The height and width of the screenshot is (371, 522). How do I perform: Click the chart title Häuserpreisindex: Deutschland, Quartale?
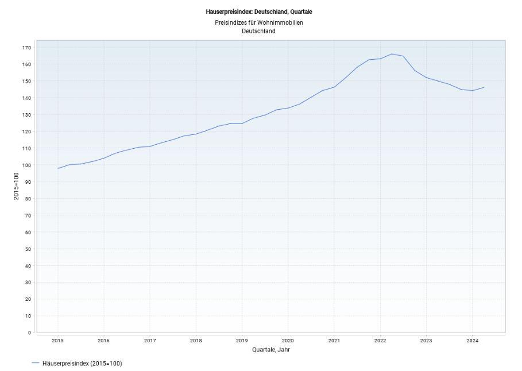coord(258,11)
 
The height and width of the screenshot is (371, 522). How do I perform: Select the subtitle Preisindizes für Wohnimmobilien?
coord(258,22)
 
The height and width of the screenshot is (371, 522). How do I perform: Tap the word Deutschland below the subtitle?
coord(258,31)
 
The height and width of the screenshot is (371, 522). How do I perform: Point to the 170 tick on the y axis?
coord(26,48)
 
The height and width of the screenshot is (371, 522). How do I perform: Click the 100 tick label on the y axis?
coord(26,165)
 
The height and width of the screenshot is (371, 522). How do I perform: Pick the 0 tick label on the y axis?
coord(29,333)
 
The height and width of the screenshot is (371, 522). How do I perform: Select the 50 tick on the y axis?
coord(28,249)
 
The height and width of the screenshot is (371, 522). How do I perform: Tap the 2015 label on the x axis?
coord(58,341)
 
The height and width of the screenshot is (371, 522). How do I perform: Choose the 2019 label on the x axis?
coord(242,341)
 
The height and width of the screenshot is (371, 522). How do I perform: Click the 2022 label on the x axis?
coord(380,341)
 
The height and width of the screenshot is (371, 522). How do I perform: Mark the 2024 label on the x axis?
coord(471,341)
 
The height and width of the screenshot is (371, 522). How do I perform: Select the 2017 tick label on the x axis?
coord(150,341)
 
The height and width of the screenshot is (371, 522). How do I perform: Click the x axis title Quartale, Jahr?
coord(271,350)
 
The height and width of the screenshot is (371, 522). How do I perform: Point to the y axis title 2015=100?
coord(17,186)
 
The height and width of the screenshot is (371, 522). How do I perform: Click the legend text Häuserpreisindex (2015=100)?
coord(82,363)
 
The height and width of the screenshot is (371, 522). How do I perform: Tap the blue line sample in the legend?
coord(36,363)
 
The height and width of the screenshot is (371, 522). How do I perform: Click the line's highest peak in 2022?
coord(392,54)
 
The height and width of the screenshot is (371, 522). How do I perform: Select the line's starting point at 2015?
coord(58,168)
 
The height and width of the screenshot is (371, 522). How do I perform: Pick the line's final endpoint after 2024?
coord(484,87)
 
